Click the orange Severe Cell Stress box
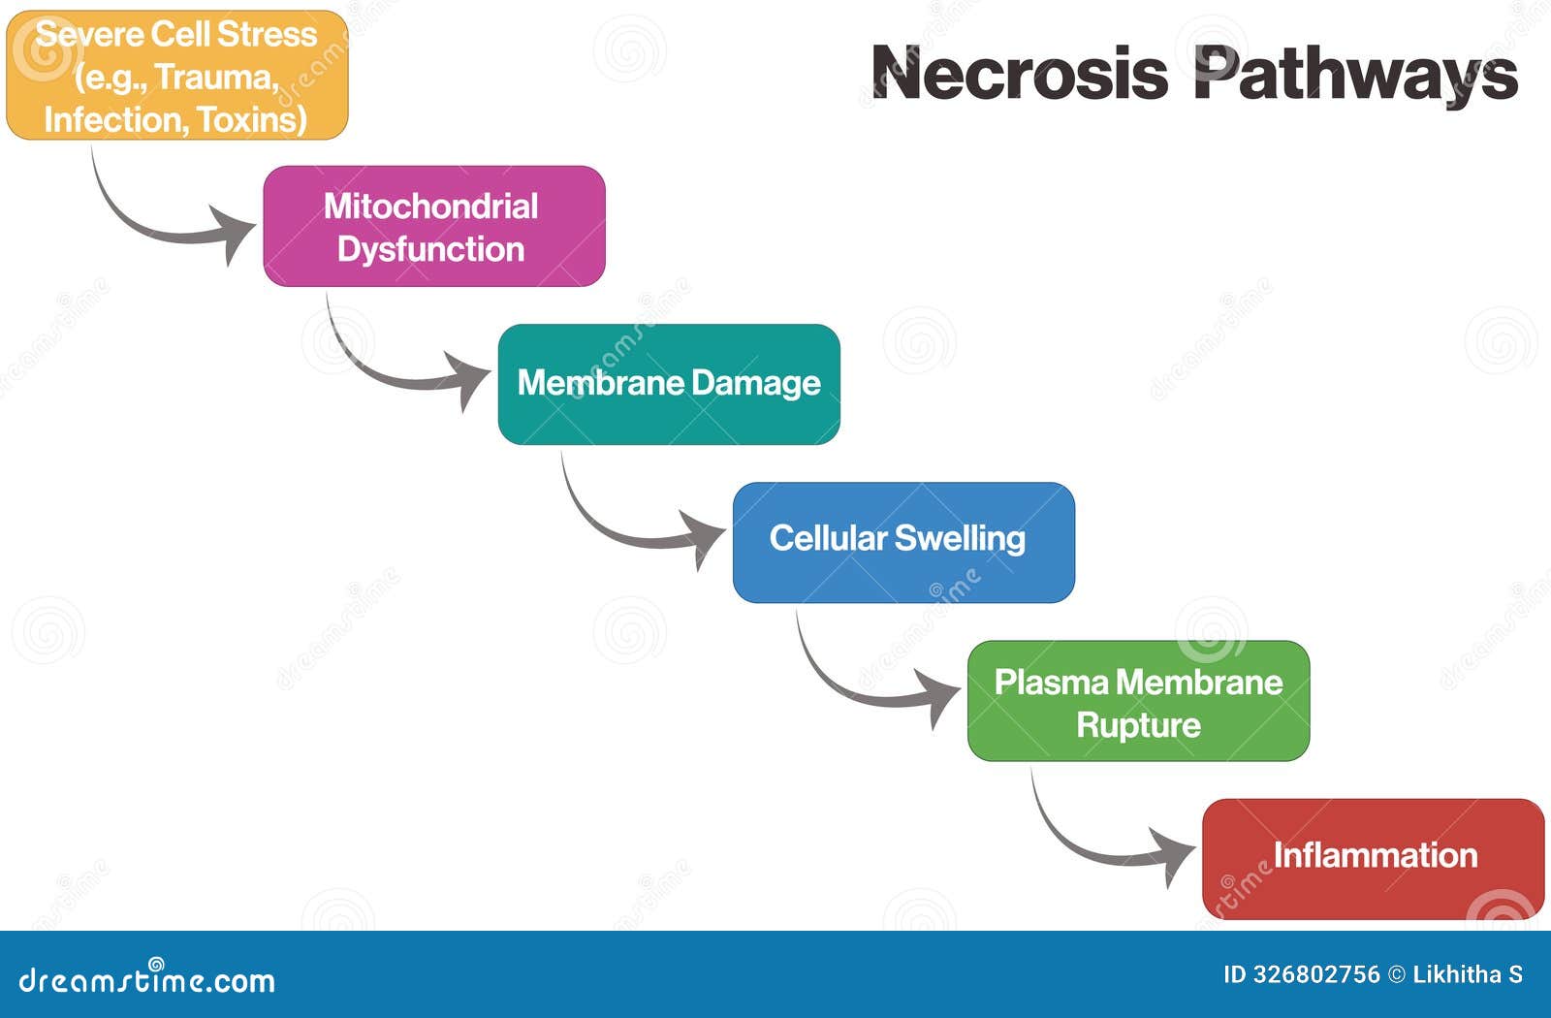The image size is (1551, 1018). tap(176, 76)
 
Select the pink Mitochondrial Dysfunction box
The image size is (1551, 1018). tap(434, 227)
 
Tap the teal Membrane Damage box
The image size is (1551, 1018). tap(669, 384)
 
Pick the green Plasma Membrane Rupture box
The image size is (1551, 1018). tap(1138, 700)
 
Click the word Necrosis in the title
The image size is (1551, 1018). tap(1019, 74)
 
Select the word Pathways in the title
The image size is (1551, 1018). tap(1354, 74)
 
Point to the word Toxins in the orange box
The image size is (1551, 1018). tap(252, 119)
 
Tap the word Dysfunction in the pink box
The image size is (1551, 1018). tap(430, 249)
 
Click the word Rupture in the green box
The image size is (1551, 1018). tap(1138, 725)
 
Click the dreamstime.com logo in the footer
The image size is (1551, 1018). tap(146, 979)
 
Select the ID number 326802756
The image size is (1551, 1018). tap(1315, 974)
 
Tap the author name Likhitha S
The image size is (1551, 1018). tap(1468, 974)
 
